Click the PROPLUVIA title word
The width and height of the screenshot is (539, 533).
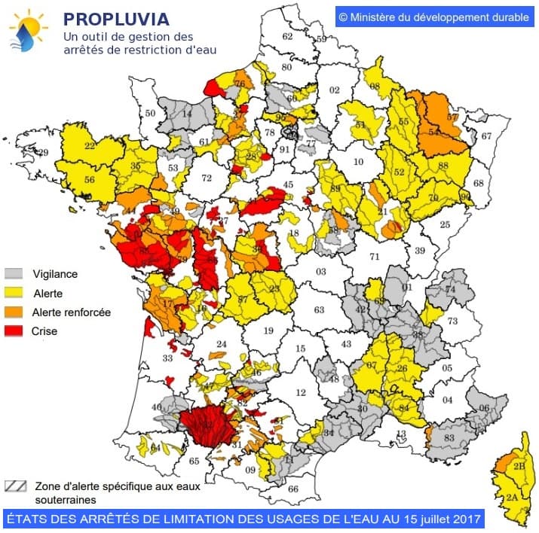point(115,17)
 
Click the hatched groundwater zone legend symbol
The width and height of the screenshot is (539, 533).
point(17,486)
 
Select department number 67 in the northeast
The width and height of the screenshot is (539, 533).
point(486,136)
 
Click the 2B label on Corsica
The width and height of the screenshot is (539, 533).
point(519,467)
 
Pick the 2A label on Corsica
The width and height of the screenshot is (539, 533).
point(512,498)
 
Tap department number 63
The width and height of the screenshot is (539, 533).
point(319,309)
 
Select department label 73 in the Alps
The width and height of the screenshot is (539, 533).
point(452,321)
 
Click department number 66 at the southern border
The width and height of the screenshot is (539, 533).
point(293,489)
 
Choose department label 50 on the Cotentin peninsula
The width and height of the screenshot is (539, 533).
point(150,114)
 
